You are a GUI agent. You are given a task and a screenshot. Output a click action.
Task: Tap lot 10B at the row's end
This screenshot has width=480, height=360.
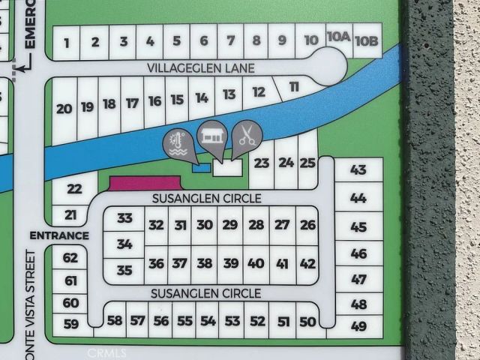(366, 40)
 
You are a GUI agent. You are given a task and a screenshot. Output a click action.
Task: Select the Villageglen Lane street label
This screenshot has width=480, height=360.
(200, 68)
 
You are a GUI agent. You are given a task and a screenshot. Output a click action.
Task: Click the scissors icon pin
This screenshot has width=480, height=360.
(247, 136)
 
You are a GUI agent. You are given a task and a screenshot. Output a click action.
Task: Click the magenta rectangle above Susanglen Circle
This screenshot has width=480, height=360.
(145, 182)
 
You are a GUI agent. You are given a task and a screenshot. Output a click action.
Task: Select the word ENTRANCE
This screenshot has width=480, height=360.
(59, 235)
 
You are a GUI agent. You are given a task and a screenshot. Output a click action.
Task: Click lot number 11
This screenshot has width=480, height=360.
(294, 88)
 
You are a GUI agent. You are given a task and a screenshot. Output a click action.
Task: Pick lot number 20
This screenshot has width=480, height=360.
(64, 109)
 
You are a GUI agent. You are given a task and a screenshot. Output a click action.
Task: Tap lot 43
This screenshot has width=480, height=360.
(358, 170)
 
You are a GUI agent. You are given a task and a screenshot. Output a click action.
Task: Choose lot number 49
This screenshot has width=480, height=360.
(358, 326)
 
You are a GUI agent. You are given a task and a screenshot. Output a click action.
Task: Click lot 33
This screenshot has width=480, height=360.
(124, 218)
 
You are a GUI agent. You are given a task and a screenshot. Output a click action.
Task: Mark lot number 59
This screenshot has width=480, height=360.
(71, 324)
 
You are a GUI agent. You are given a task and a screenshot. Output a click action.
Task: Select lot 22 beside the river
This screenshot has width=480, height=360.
(75, 189)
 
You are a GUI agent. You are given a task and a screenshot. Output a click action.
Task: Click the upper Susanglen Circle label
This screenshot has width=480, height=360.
(205, 199)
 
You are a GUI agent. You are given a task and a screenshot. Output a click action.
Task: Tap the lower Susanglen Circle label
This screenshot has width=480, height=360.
(205, 292)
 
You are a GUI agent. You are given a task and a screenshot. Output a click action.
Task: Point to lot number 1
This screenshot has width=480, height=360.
(67, 43)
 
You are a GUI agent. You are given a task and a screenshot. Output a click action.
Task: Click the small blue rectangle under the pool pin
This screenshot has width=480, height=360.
(199, 169)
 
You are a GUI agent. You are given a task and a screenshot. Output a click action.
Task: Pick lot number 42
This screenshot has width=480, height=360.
(307, 263)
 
